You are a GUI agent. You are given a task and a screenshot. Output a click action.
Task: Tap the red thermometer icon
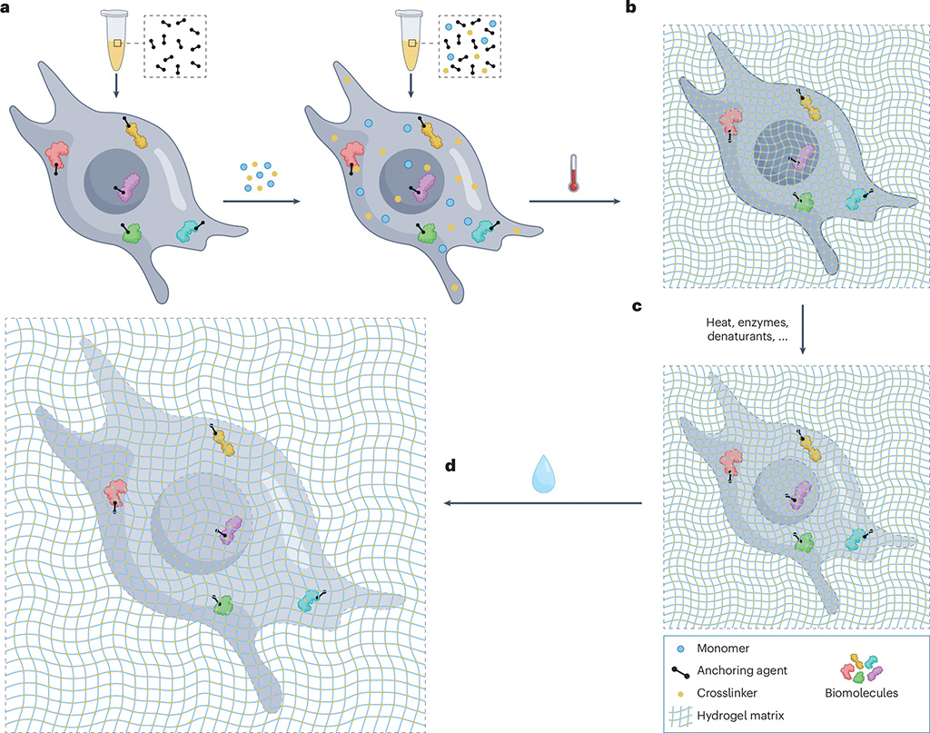pyautogui.click(x=572, y=173)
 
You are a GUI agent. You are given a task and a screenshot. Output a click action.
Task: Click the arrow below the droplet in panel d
pyautogui.click(x=540, y=502)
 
